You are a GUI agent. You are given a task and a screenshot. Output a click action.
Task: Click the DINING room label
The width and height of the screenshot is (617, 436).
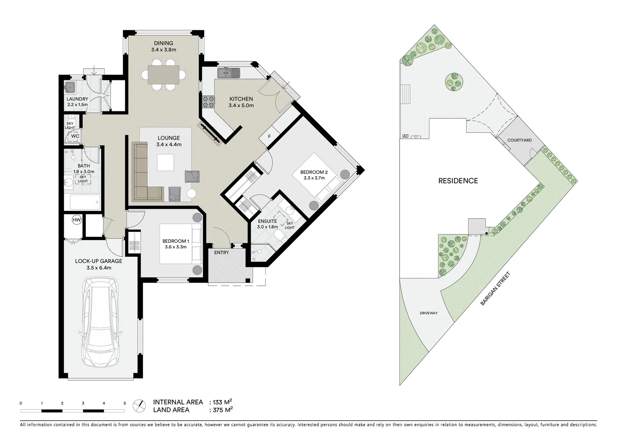[x=163, y=43]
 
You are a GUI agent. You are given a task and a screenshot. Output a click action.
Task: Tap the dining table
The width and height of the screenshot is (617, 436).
[x=163, y=75]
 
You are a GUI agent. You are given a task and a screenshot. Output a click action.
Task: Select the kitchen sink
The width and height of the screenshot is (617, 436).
[x=228, y=73]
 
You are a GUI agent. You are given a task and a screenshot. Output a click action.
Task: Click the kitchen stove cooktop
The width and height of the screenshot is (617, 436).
[x=208, y=101]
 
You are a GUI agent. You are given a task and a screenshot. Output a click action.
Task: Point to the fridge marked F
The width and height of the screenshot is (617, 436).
[x=270, y=136]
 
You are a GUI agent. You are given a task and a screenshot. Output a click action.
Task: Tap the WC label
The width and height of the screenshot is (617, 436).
[x=75, y=136]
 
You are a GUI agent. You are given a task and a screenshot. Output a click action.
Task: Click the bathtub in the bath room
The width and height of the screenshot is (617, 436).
[x=85, y=202]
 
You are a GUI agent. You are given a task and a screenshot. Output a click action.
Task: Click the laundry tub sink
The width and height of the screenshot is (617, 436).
[x=70, y=87]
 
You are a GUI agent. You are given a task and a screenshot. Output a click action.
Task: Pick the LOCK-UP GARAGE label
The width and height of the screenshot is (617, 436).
[x=98, y=261]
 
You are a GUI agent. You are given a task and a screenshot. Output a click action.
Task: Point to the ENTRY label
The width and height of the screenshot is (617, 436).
[x=222, y=253]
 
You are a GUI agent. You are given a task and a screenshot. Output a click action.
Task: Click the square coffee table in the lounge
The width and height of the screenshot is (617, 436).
[x=166, y=163]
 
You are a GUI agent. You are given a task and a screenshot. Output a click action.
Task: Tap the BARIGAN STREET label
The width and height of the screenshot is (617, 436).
[x=496, y=289]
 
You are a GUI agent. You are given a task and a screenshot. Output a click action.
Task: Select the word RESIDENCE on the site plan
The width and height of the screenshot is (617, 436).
[x=458, y=181]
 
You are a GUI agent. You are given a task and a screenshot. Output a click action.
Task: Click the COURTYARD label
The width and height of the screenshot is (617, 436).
[x=519, y=140]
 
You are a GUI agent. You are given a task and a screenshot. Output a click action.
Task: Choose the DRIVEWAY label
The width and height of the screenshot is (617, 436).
[x=429, y=313]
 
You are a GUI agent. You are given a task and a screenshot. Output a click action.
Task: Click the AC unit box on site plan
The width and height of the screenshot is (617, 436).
[x=405, y=136]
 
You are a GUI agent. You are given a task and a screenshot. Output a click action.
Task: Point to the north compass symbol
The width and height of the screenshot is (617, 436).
[x=140, y=405]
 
